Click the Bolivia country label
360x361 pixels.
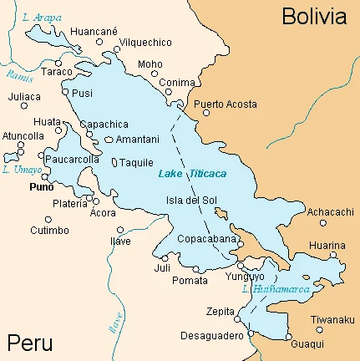click(313, 16)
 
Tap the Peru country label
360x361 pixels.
click(29, 343)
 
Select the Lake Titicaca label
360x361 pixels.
click(192, 173)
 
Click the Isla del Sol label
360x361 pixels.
click(193, 200)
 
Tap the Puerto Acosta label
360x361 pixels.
click(225, 104)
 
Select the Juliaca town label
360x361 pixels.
click(25, 96)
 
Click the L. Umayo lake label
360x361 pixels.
click(18, 170)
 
